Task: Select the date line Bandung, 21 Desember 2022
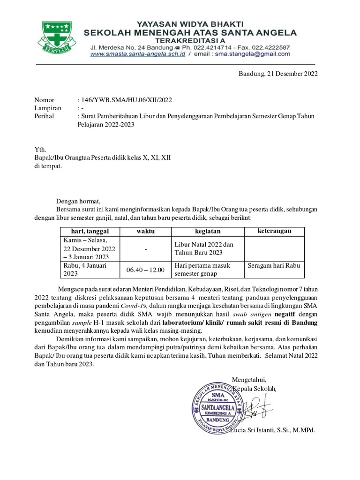(x=278, y=74)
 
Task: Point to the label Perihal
(x=45, y=116)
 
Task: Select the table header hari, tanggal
(x=90, y=232)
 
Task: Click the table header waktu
(x=145, y=232)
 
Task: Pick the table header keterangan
(x=275, y=231)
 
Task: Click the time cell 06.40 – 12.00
(x=145, y=270)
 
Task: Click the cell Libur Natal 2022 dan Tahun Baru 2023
(x=204, y=248)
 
